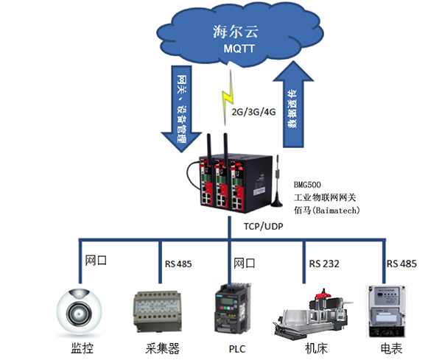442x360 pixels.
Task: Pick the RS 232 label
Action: (x=325, y=263)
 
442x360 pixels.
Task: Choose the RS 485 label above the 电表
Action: (x=402, y=263)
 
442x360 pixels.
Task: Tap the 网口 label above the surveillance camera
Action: (x=97, y=261)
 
